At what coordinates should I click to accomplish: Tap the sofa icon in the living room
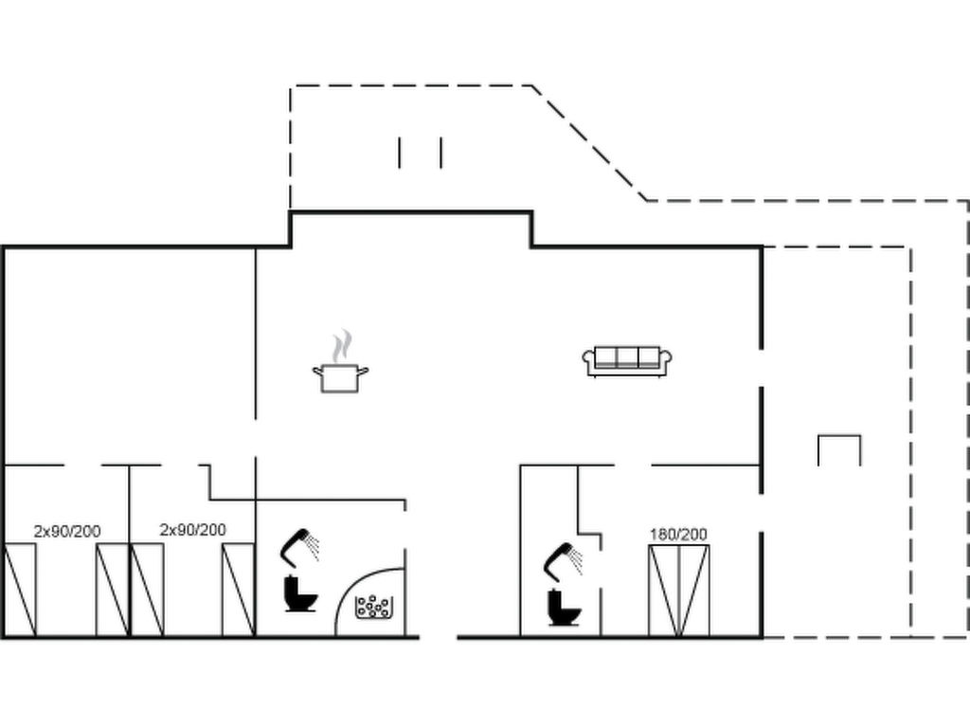[627, 361]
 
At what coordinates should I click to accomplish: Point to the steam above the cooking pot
[341, 346]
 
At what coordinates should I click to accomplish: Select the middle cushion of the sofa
[627, 357]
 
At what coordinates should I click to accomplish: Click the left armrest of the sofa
[589, 360]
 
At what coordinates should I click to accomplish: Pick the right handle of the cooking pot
[363, 372]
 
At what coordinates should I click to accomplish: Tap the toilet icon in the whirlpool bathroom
[300, 593]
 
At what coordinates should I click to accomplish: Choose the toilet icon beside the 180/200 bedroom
[564, 608]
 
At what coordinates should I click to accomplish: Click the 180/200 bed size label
[678, 534]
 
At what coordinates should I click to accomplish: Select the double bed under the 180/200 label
[678, 591]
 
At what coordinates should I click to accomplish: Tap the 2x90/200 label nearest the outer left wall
[67, 531]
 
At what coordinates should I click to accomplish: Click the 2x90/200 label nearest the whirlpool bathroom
[193, 530]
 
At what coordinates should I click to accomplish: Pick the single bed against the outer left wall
[21, 590]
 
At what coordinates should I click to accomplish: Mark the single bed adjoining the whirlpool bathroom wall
[238, 590]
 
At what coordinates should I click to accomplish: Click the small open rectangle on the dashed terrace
[839, 450]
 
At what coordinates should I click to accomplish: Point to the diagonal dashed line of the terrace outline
[589, 143]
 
